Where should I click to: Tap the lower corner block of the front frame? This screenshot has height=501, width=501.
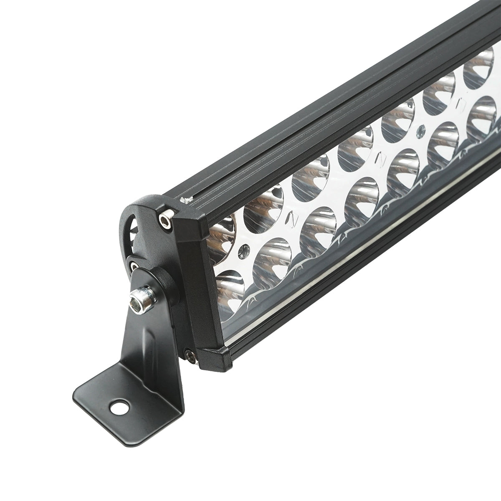pyautogui.click(x=215, y=359)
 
